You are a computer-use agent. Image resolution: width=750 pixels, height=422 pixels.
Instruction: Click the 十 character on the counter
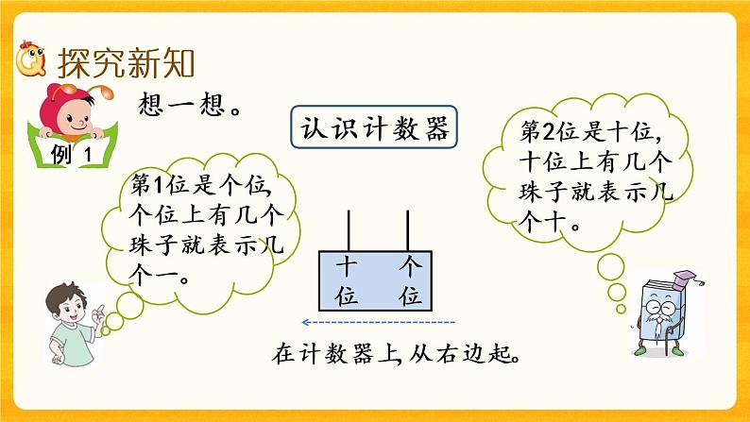pyautogui.click(x=348, y=267)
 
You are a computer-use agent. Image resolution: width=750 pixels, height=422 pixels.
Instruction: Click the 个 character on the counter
pyautogui.click(x=409, y=267)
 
